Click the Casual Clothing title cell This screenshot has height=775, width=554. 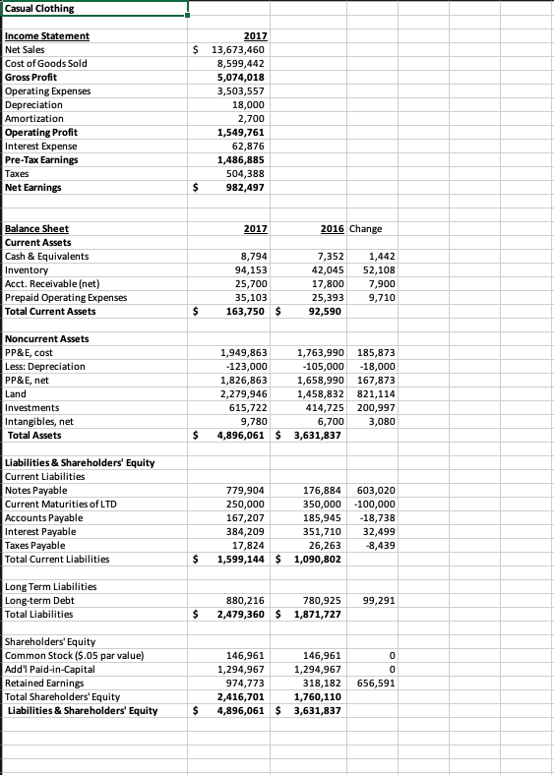coord(39,10)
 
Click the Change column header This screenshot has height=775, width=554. coord(365,228)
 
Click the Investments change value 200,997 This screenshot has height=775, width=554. coord(376,407)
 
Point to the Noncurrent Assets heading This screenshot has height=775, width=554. coord(46,338)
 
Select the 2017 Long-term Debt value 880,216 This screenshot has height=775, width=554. coord(246,600)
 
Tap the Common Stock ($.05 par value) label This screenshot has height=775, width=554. coord(75,655)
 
